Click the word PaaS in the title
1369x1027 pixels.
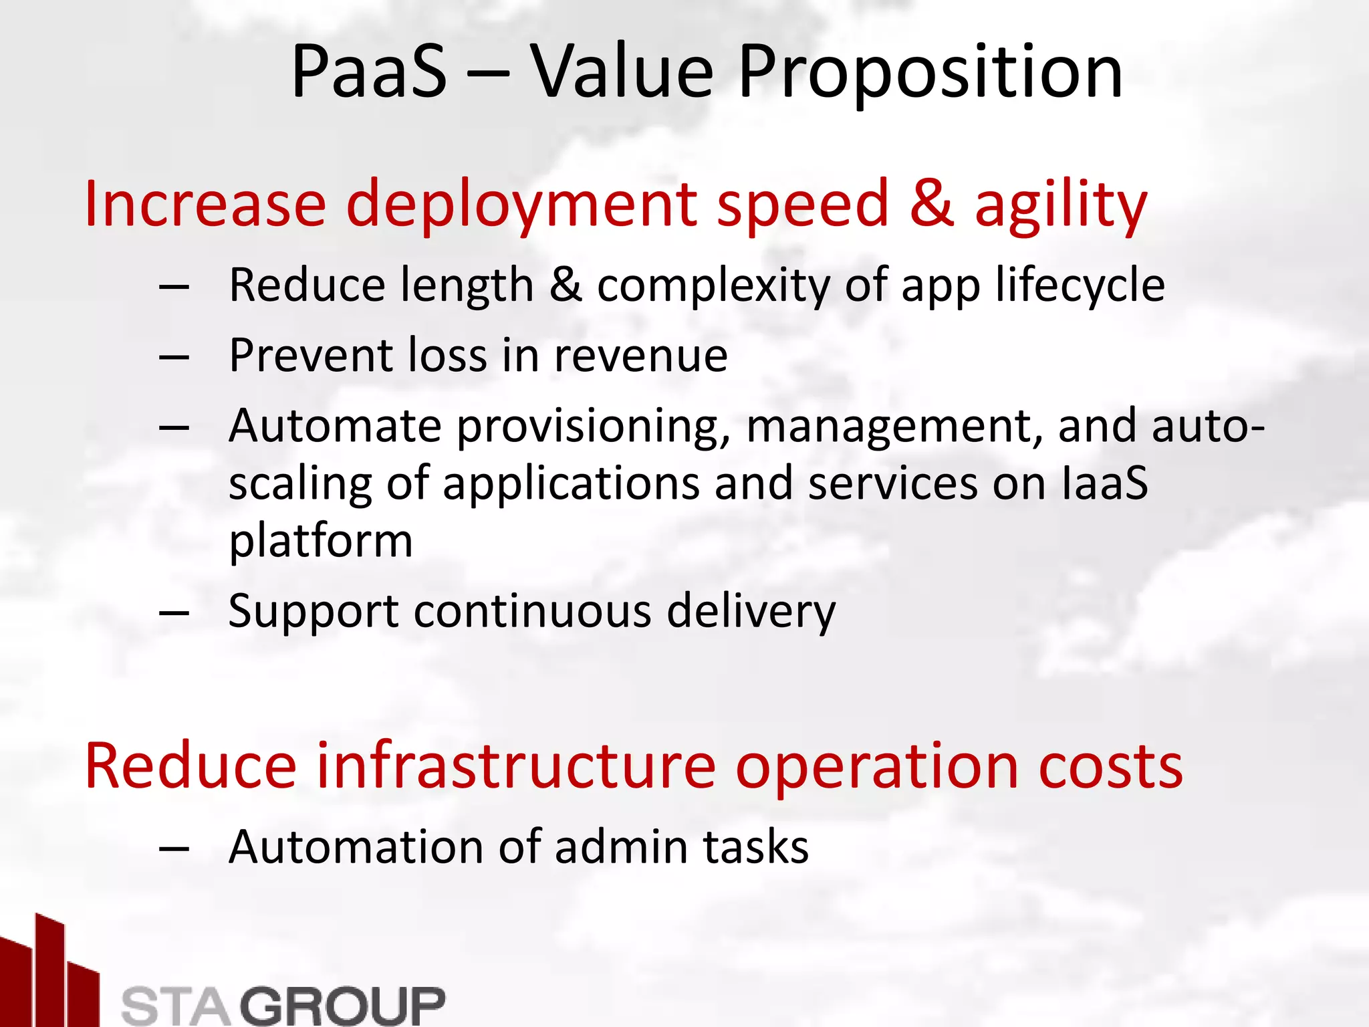click(x=369, y=72)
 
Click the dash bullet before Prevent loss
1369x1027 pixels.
click(x=174, y=357)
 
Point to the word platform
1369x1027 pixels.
click(x=321, y=542)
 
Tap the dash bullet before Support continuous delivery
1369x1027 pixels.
click(x=174, y=612)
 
